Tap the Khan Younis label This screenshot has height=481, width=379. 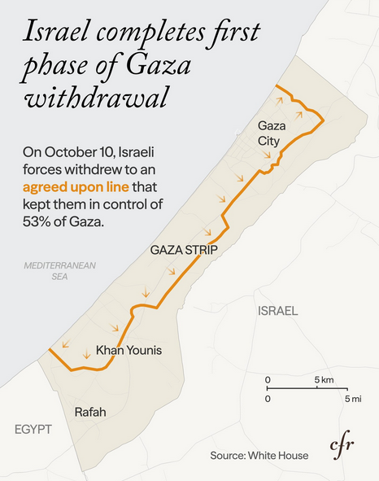coord(129,350)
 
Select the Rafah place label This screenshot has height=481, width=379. coord(90,413)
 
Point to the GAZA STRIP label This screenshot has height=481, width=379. coord(183,250)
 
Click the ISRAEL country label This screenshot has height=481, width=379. coord(277,311)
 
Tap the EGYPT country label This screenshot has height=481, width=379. coord(33,429)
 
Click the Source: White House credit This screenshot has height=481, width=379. coord(259,456)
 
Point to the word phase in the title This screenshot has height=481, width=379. coord(61,67)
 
